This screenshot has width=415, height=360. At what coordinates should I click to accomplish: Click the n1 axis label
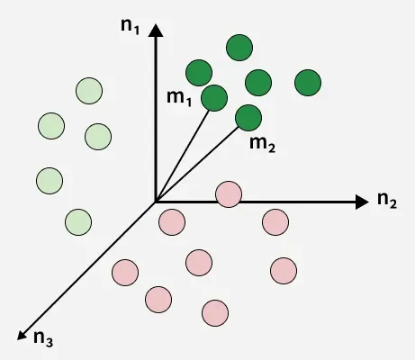point(130,26)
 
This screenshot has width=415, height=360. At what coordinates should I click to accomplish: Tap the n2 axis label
point(387,200)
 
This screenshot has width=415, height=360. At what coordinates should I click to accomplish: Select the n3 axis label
point(43,338)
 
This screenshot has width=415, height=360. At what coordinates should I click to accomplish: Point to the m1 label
point(179,98)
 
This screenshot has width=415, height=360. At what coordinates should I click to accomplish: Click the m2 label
point(262,144)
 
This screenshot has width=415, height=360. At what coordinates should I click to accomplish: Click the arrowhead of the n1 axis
point(156,31)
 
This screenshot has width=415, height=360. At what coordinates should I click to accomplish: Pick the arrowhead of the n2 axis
point(362,202)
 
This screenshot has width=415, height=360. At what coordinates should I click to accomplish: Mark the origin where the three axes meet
point(156,202)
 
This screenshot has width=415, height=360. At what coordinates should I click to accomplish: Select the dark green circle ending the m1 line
point(214,98)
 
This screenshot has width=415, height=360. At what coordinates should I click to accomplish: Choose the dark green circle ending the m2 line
point(248,118)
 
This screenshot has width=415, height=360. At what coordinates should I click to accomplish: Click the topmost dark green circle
point(239,48)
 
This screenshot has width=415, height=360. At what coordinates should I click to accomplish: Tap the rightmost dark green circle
point(308,83)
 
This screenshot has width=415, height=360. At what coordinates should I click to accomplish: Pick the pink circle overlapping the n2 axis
point(229,194)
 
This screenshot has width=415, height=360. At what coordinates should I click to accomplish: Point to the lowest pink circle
point(215,313)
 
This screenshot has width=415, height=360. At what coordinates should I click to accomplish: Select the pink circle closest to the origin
point(172,222)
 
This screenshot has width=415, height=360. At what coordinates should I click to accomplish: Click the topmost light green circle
point(89,91)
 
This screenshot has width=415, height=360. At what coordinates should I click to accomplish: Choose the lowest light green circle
point(78,222)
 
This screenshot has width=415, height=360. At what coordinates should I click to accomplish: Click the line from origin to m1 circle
point(182,157)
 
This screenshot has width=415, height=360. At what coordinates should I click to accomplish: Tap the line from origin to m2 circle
point(197,165)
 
